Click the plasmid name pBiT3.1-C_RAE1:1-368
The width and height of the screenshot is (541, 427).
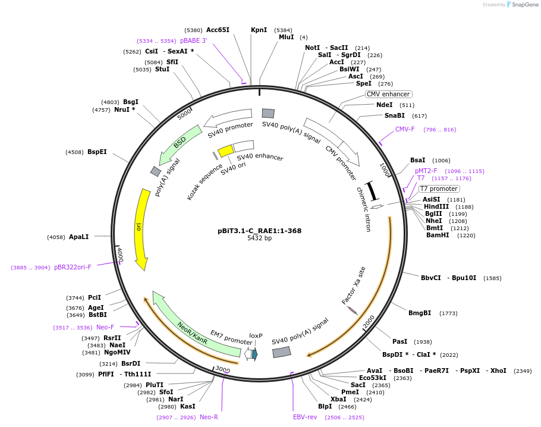click(x=259, y=231)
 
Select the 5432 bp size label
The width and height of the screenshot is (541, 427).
click(x=259, y=238)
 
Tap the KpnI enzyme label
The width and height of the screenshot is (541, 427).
click(x=259, y=30)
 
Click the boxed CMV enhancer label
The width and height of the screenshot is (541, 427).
click(x=388, y=94)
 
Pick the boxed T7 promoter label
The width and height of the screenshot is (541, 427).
click(x=439, y=189)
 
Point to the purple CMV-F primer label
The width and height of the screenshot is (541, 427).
click(x=405, y=129)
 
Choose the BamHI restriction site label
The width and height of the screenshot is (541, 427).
click(x=438, y=236)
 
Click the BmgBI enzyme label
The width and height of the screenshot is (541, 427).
click(x=420, y=313)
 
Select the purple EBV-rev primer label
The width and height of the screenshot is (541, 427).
click(x=305, y=417)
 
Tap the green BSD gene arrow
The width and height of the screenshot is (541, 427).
click(x=180, y=145)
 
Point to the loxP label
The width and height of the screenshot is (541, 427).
click(x=256, y=335)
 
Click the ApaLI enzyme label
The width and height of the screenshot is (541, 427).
click(x=78, y=237)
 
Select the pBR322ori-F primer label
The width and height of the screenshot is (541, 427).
click(x=73, y=267)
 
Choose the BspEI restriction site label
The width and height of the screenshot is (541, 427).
click(x=97, y=152)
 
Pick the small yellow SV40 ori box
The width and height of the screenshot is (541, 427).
click(x=225, y=150)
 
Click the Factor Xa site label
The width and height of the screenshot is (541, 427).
click(x=354, y=285)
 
